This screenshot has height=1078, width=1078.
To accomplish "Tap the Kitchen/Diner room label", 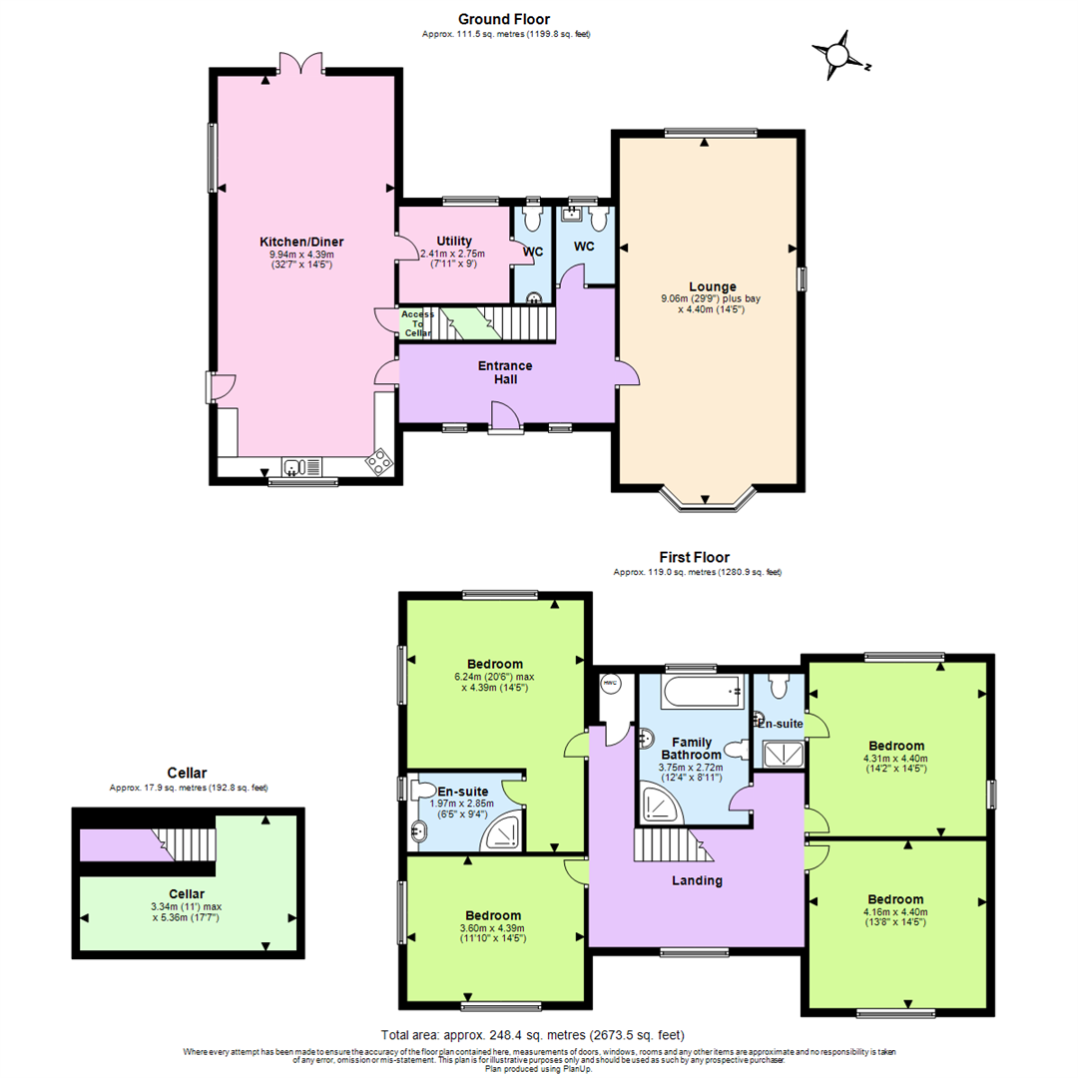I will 301,242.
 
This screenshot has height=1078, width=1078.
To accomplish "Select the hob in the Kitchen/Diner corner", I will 379,461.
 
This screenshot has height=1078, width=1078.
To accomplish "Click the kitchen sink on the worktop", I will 294,466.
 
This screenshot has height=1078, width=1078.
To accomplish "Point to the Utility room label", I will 453,241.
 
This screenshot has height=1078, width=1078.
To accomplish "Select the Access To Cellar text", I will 417,323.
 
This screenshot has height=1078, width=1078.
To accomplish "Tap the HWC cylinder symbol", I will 610,683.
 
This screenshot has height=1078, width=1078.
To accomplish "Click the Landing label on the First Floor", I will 698,880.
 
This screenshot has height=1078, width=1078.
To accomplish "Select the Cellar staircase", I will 185,843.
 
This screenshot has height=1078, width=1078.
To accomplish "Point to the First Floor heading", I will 694,557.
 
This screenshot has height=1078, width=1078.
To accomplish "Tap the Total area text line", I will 533,1034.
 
